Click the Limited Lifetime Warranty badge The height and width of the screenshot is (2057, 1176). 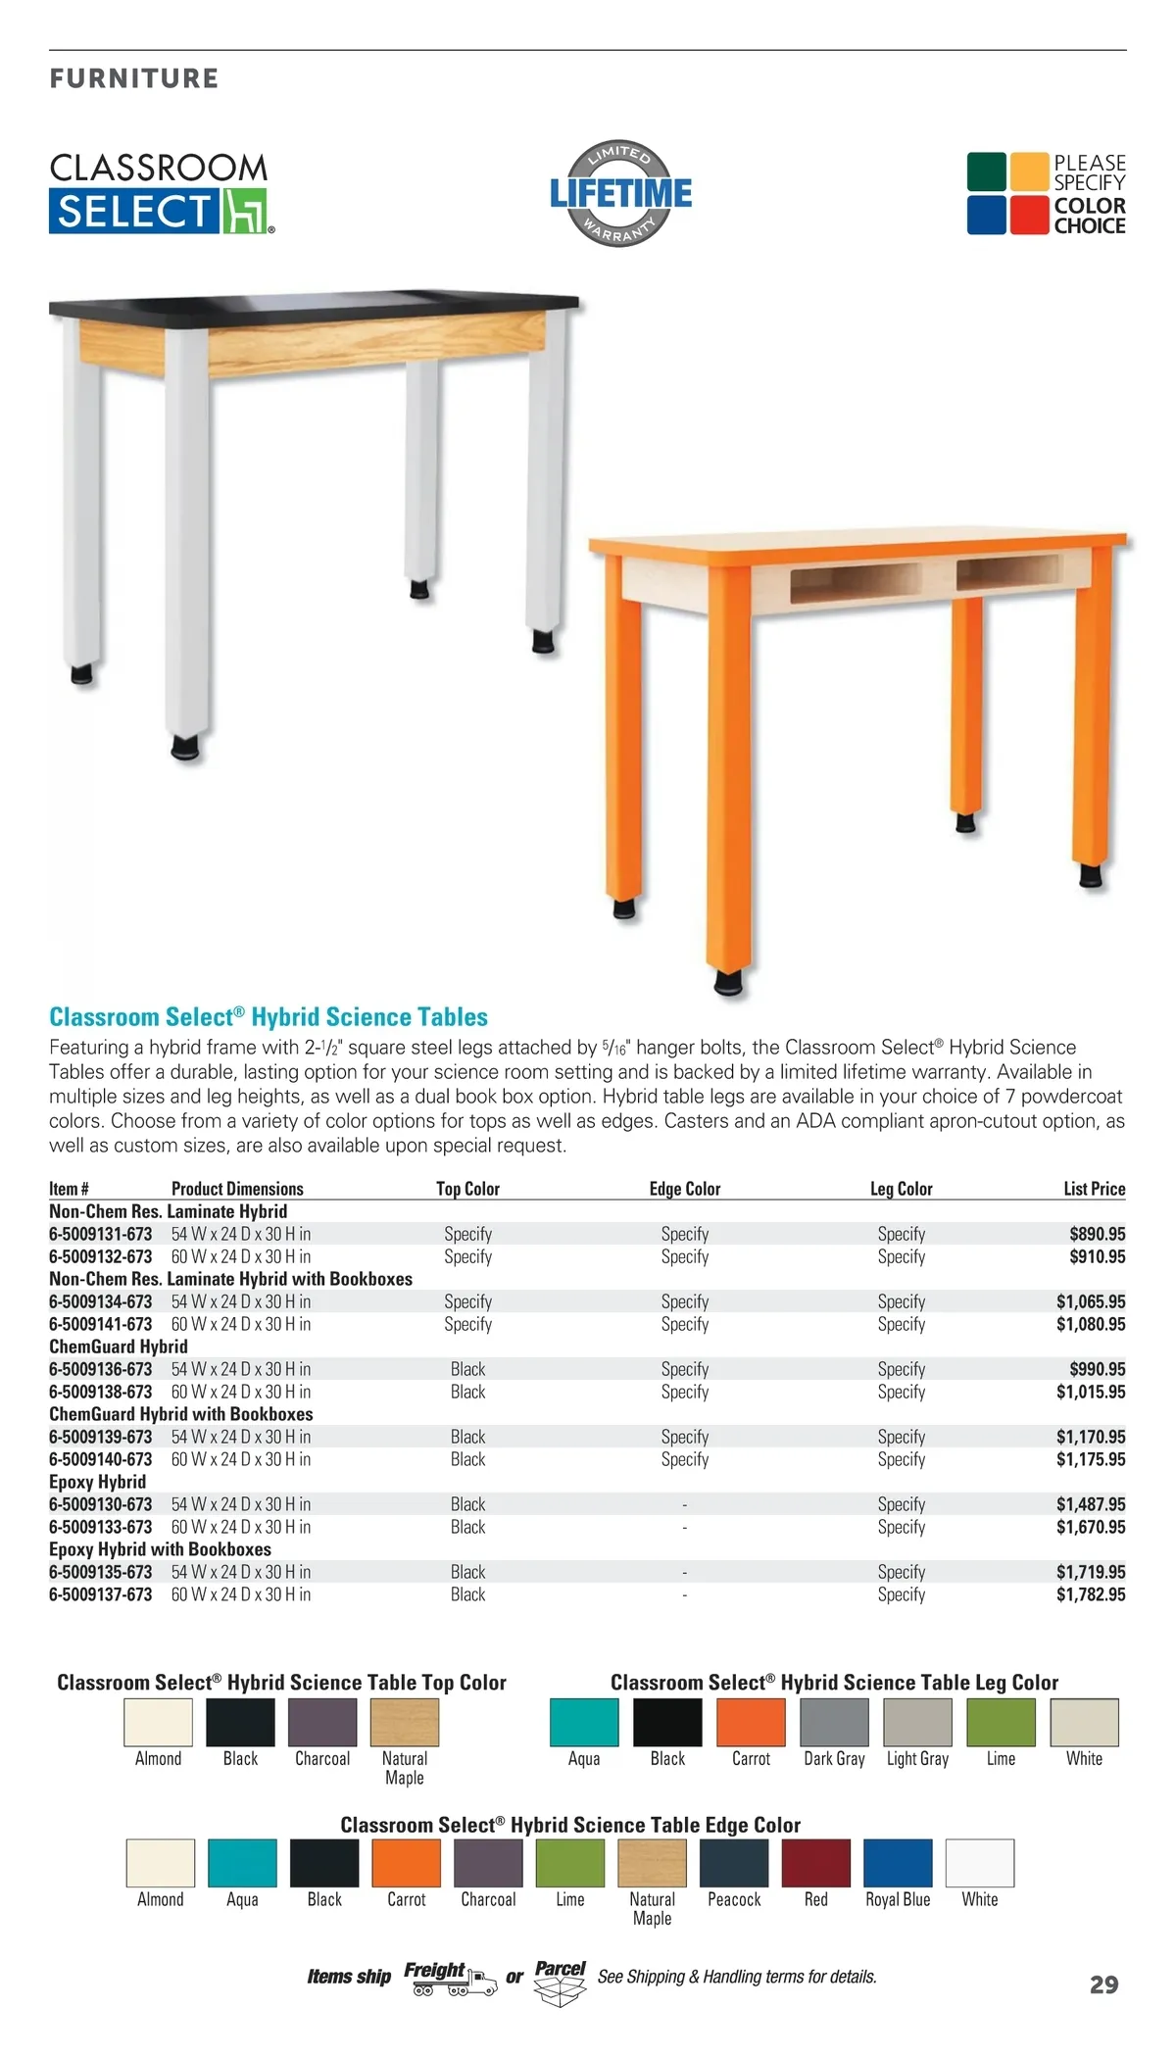620,193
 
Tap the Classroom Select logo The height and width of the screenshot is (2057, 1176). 162,193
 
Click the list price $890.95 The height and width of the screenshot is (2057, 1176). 1097,1234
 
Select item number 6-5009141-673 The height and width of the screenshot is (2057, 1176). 101,1324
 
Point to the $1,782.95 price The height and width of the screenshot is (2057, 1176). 1090,1594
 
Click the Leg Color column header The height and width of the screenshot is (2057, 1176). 901,1189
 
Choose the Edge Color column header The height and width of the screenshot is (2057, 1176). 684,1189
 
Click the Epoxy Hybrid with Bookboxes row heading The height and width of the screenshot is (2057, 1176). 160,1549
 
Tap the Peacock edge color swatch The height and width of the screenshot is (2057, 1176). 734,1863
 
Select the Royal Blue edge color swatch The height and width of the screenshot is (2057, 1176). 898,1863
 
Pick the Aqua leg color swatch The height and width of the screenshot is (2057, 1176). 584,1722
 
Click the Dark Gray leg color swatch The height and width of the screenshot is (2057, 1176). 834,1722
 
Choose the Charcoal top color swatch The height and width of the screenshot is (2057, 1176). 322,1722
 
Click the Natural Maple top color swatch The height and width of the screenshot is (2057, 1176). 405,1722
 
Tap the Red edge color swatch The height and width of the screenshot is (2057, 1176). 816,1863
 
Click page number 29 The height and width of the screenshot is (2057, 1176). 1103,1985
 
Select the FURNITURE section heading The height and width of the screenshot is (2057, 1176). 134,78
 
